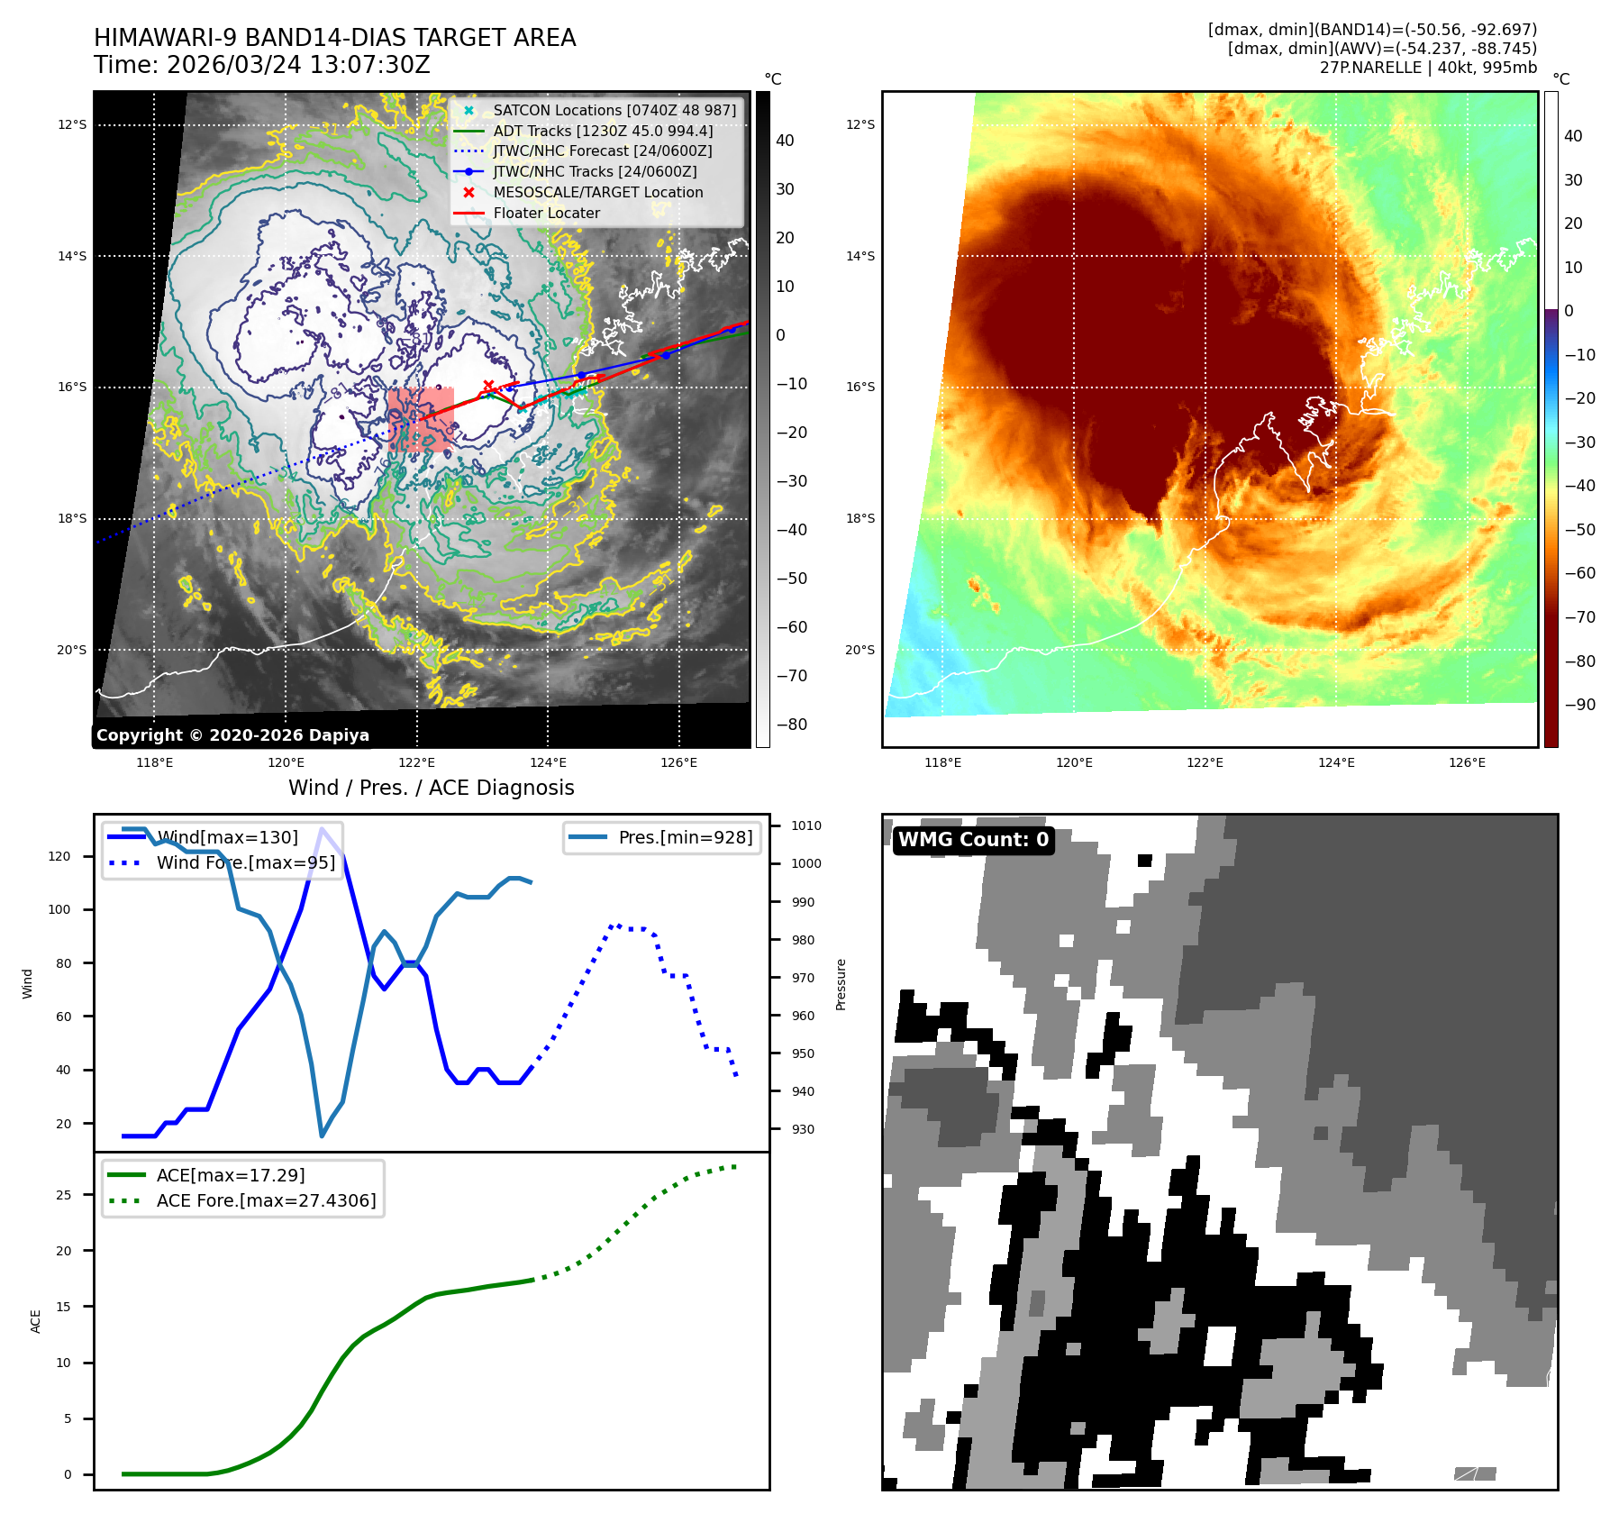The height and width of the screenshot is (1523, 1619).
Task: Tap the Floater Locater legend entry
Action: pos(546,213)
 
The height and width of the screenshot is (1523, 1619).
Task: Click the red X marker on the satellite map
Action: pos(488,386)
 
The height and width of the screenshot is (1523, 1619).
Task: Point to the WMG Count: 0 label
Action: pos(973,840)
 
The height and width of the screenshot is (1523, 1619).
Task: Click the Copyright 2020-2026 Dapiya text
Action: pos(232,735)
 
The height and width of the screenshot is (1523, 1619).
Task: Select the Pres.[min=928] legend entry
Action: pos(685,837)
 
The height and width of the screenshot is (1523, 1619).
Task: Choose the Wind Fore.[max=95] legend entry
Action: pos(245,862)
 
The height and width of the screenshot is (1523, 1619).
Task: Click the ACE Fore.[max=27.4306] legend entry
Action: pos(266,1200)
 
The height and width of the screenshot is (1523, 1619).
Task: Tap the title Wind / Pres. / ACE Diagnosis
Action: pos(431,788)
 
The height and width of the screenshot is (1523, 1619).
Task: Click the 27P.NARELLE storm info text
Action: pos(1428,68)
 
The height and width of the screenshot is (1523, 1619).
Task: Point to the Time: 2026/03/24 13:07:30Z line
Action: pos(262,65)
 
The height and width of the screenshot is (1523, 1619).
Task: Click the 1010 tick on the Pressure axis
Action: pos(805,825)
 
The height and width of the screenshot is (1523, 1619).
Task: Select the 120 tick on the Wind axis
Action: pos(59,856)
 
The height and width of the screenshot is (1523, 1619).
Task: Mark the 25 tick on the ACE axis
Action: pos(63,1195)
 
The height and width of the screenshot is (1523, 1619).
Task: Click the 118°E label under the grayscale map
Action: pos(154,762)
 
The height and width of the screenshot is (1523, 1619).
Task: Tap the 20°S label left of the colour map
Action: pos(860,650)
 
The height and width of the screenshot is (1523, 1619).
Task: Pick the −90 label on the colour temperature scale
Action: pos(1579,705)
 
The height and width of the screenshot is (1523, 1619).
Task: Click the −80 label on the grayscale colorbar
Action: pos(792,725)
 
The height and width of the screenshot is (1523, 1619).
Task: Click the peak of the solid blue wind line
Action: pos(322,829)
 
